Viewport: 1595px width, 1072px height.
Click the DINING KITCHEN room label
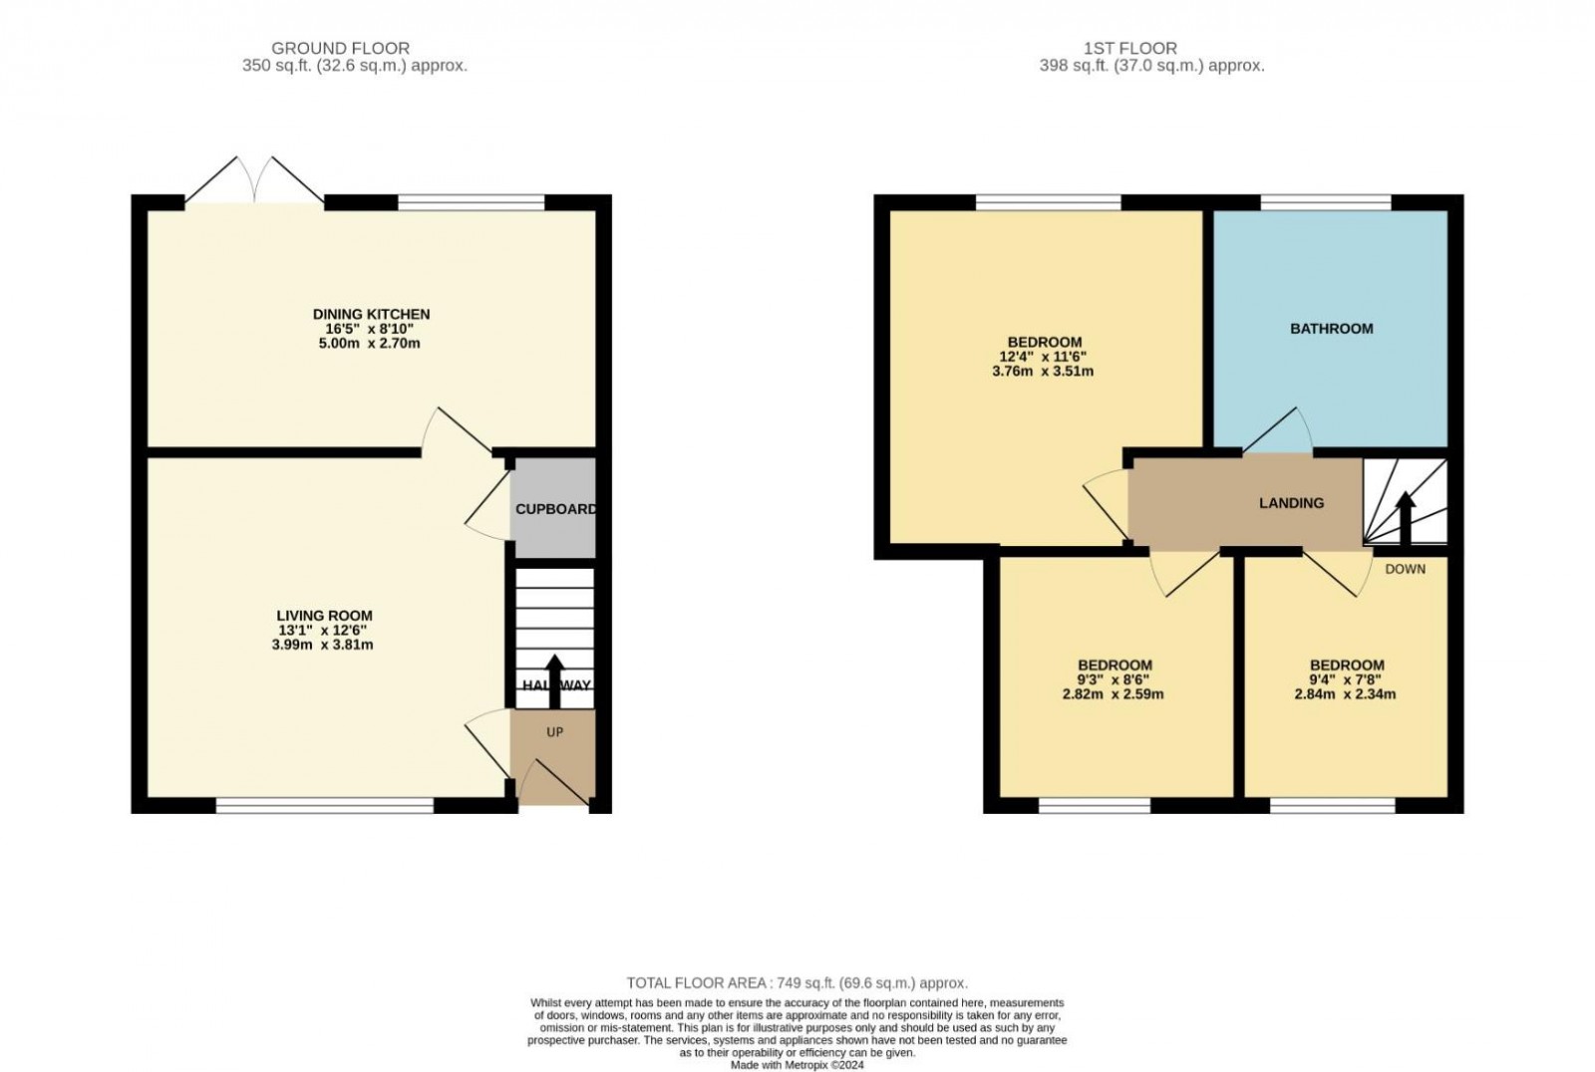click(x=371, y=314)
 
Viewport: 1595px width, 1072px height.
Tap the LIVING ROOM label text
click(x=325, y=616)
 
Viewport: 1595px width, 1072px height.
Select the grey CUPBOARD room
click(x=554, y=509)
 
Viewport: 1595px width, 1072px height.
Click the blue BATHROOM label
click(x=1331, y=329)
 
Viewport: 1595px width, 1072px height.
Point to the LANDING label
click(x=1291, y=503)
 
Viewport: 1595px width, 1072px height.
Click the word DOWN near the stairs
click(x=1405, y=569)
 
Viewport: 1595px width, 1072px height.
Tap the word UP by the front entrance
click(x=554, y=732)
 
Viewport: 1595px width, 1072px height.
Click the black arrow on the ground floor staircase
click(x=554, y=681)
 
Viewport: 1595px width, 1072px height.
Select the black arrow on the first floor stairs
click(x=1405, y=518)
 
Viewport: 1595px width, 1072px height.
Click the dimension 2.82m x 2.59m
click(x=1113, y=694)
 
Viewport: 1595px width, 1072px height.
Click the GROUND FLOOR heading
click(x=340, y=48)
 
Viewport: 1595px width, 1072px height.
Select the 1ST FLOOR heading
click(x=1130, y=48)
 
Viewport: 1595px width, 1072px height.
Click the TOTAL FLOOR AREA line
click(x=797, y=982)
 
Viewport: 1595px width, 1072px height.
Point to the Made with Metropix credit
click(x=797, y=1064)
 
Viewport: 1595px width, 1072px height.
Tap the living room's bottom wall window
click(x=325, y=805)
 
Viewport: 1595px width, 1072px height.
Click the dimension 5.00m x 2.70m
click(x=371, y=344)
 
